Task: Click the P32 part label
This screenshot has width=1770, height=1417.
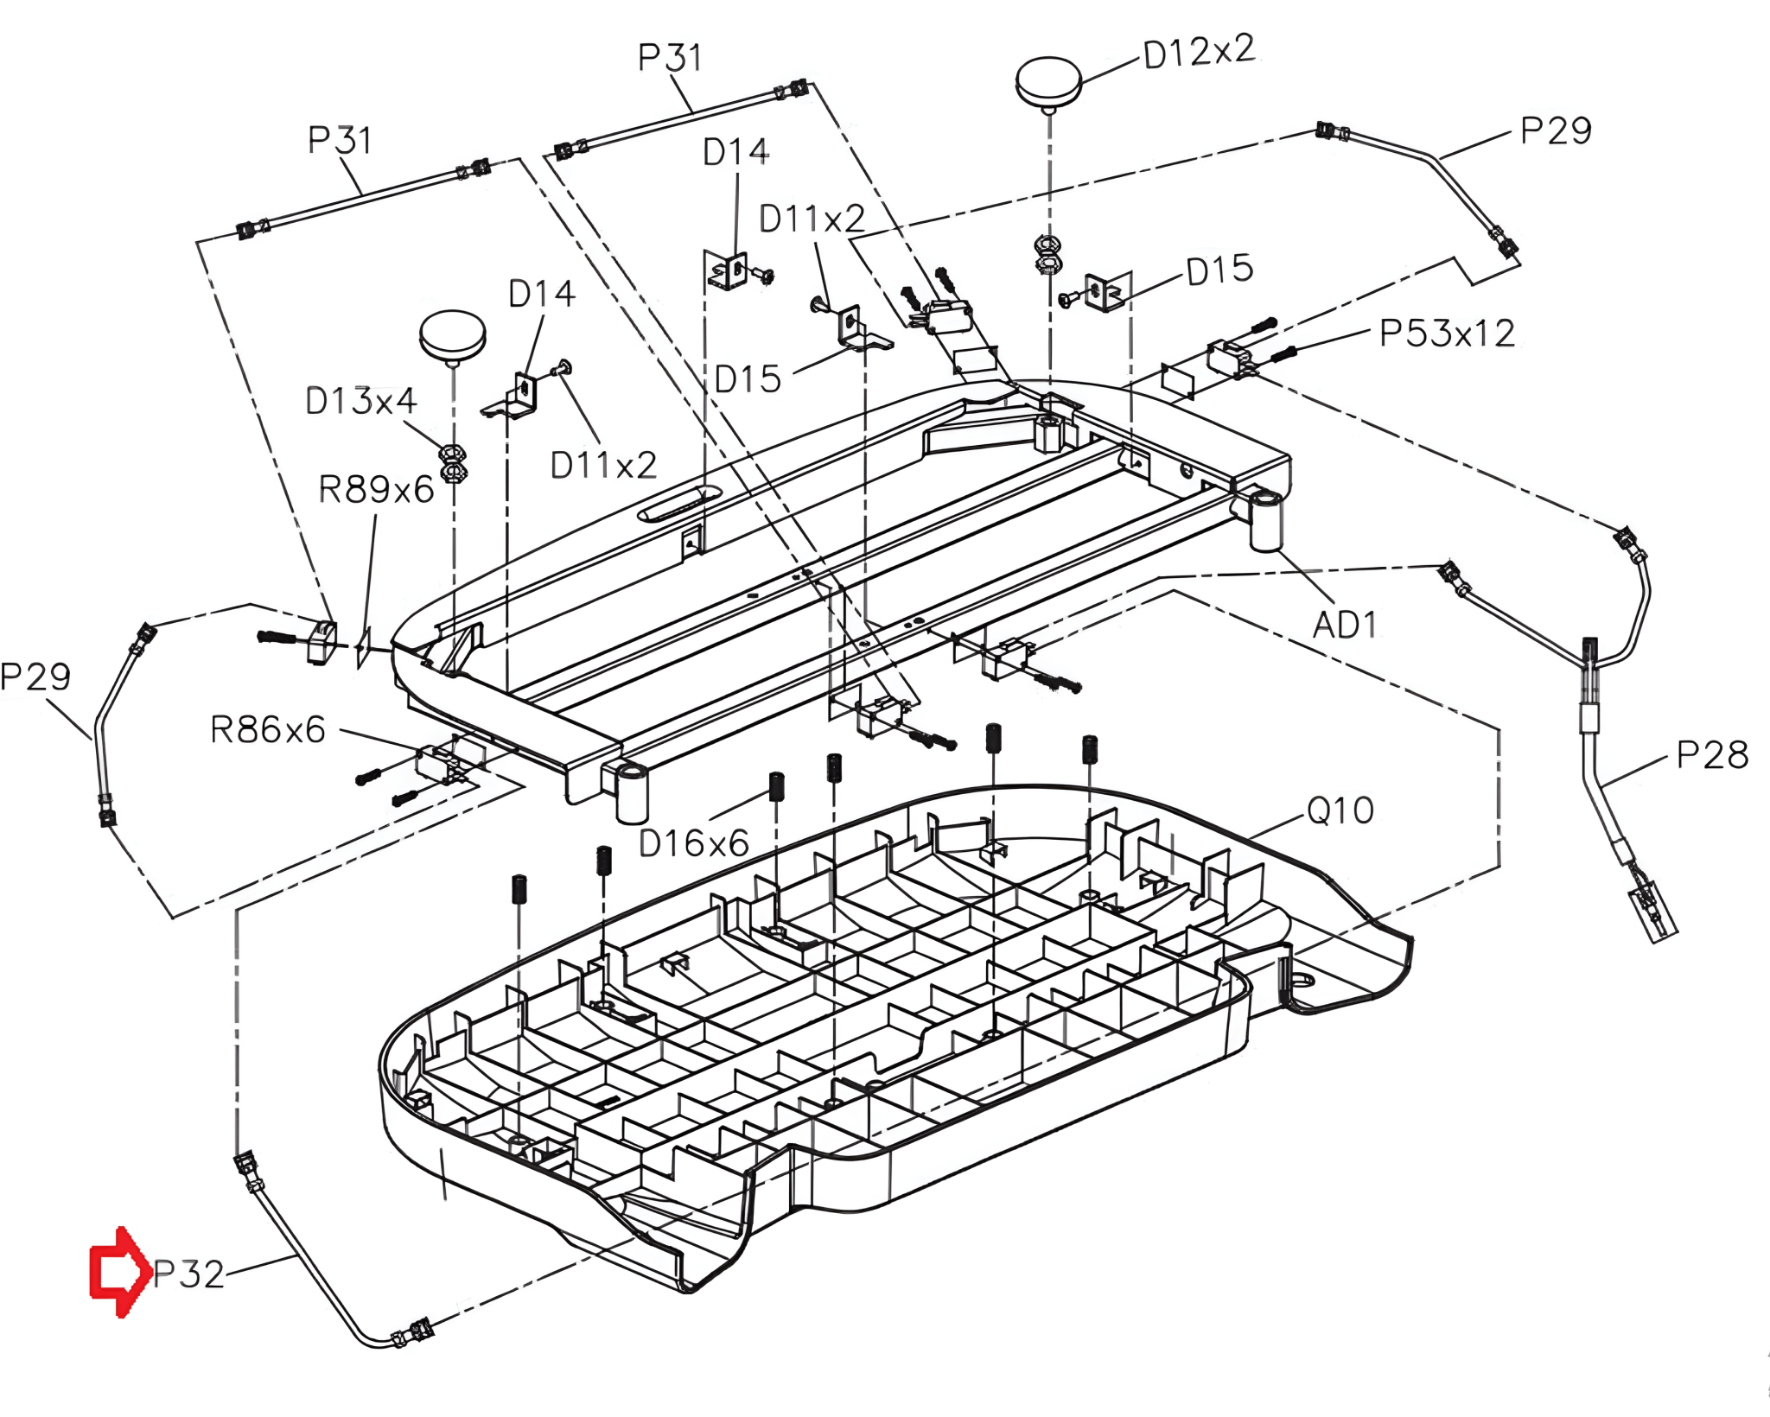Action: click(x=188, y=1274)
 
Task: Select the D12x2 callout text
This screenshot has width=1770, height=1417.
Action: click(x=1199, y=52)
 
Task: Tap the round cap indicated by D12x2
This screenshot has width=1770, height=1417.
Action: click(x=1048, y=83)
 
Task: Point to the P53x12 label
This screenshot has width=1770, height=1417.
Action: click(x=1447, y=333)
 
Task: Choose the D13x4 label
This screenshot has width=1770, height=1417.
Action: click(x=360, y=401)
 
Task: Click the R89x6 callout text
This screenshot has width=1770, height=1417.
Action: click(x=376, y=489)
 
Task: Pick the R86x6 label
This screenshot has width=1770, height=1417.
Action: click(x=268, y=730)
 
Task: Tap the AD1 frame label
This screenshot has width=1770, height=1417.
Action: click(x=1344, y=625)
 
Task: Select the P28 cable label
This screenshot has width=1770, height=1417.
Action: click(x=1712, y=755)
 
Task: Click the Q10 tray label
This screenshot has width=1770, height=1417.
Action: click(x=1340, y=810)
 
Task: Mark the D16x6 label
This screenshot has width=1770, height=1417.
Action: click(x=693, y=843)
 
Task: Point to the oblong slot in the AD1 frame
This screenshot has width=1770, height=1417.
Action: click(x=679, y=503)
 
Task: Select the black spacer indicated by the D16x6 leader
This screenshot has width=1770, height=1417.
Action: click(x=776, y=785)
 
